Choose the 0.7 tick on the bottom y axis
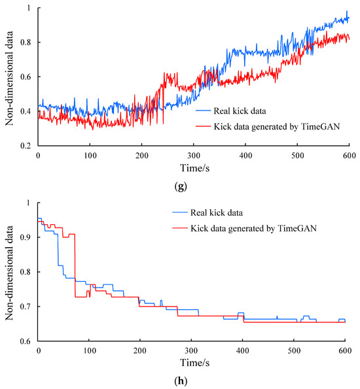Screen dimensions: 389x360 pos(27,306)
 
